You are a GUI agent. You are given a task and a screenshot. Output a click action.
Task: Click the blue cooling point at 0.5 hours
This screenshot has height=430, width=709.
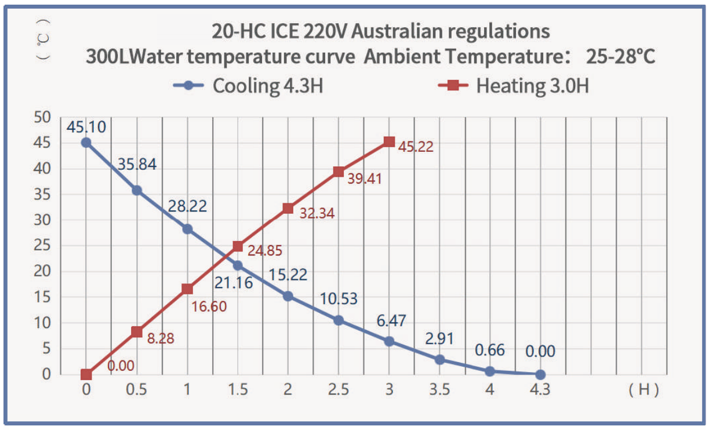tap(137, 190)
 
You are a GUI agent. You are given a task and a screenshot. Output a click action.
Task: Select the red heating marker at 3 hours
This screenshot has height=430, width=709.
tap(389, 142)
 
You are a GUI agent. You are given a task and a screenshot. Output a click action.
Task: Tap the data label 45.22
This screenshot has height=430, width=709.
tap(415, 147)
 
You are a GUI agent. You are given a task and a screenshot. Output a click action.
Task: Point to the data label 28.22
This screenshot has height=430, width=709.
tap(187, 206)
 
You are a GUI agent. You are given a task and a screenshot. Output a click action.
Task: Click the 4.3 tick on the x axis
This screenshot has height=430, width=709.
tap(540, 390)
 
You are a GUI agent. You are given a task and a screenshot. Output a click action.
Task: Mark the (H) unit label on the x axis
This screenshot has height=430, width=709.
tap(643, 390)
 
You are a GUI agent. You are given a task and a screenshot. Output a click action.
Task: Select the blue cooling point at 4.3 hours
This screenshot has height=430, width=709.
tap(540, 374)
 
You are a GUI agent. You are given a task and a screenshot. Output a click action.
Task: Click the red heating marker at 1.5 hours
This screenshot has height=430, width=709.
tap(238, 246)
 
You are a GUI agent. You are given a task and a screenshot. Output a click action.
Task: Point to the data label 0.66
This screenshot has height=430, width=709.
tap(490, 350)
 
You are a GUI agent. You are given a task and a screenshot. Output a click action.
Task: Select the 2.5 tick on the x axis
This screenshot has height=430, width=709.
tap(339, 390)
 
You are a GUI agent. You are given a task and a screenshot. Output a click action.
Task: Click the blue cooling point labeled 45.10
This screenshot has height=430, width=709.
tap(86, 143)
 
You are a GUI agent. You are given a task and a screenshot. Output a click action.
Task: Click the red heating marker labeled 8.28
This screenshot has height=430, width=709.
tap(137, 331)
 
